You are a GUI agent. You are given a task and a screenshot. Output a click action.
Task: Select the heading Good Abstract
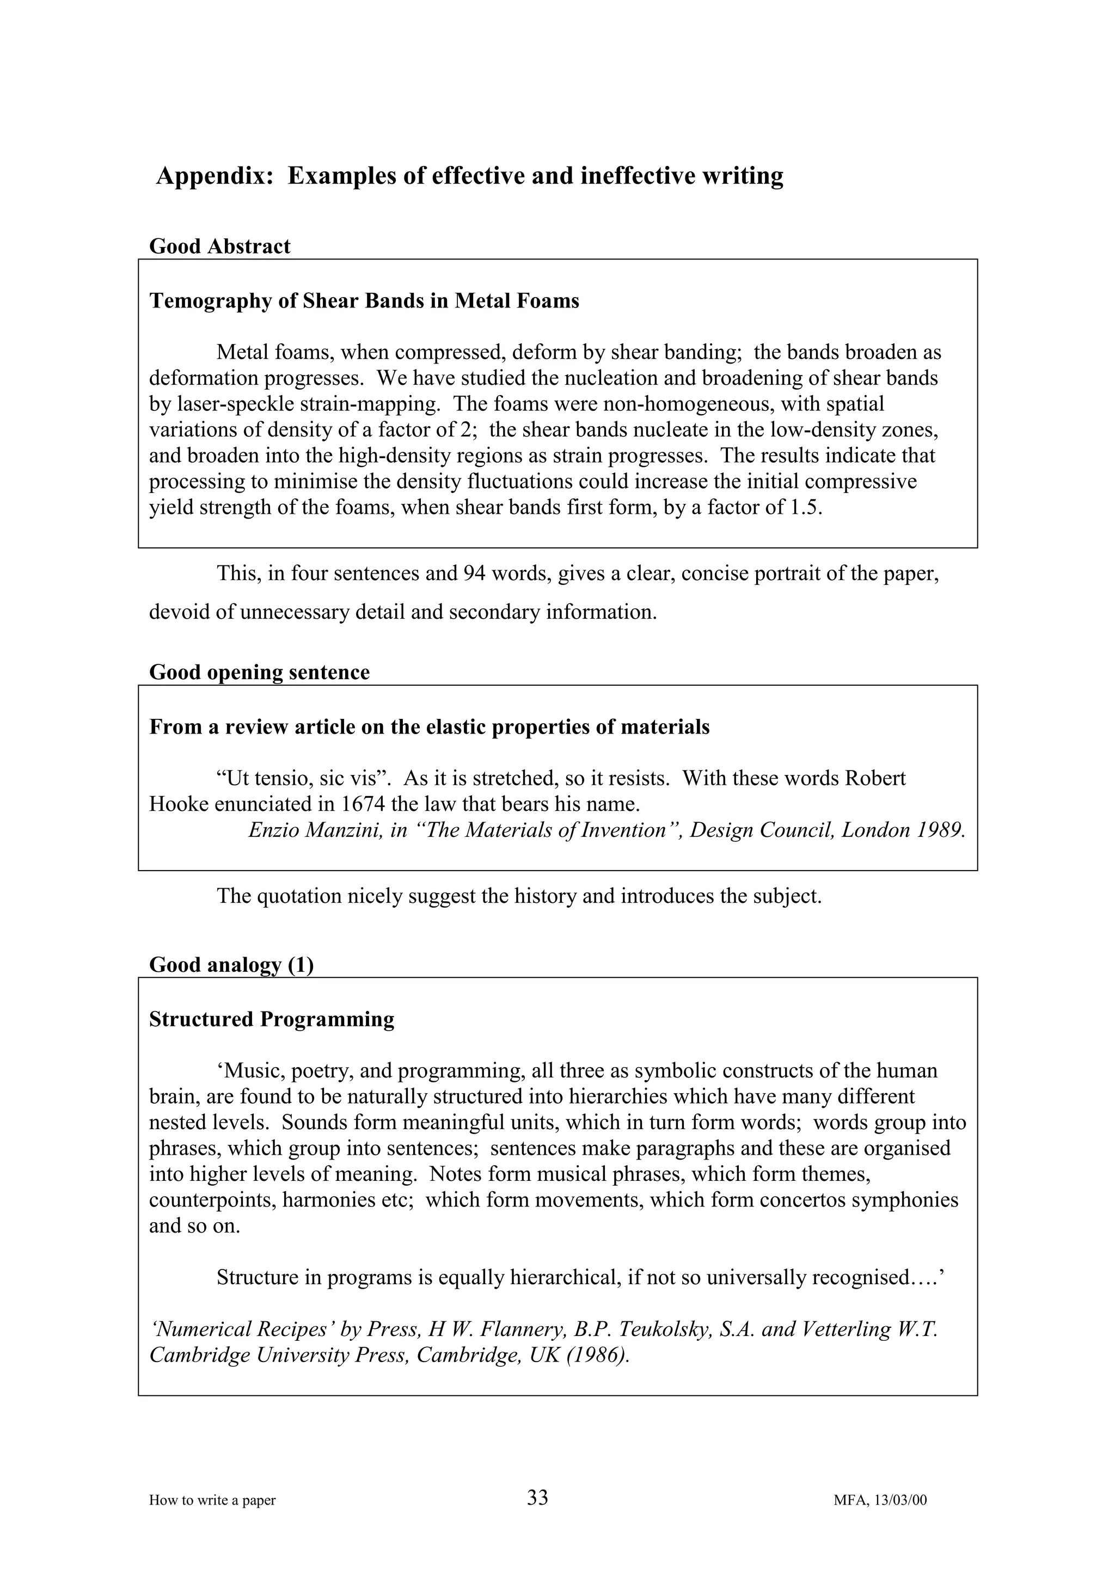click(219, 246)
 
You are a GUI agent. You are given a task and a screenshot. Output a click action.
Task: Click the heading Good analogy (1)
click(231, 965)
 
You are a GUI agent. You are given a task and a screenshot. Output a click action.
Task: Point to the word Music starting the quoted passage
click(249, 1071)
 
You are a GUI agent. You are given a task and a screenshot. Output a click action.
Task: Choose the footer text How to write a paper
click(212, 1500)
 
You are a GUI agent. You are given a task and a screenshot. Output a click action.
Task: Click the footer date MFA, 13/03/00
click(880, 1500)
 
